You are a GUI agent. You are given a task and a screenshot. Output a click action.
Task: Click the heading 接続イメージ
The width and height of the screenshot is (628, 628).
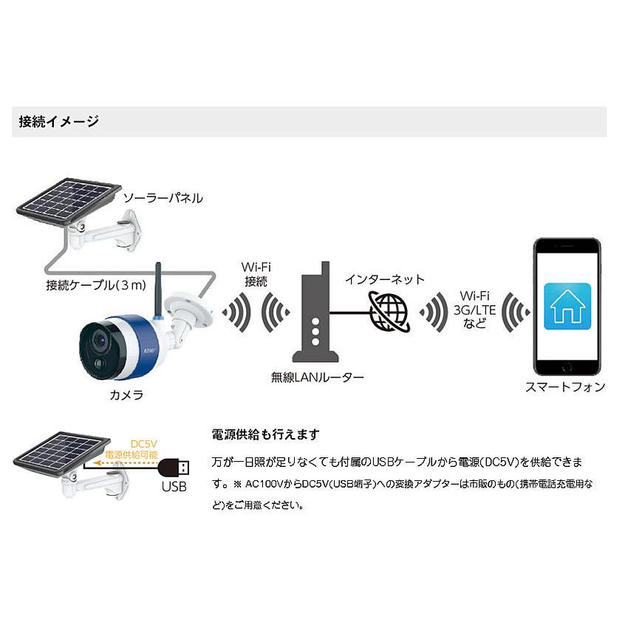58,121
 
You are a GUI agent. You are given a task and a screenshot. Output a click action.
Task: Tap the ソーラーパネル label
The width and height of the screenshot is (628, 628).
163,198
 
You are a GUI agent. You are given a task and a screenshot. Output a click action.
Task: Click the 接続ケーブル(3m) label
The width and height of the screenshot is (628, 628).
96,284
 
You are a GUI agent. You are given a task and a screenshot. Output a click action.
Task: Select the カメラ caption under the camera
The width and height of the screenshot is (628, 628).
126,395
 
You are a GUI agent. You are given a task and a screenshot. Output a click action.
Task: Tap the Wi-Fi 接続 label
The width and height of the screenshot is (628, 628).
256,274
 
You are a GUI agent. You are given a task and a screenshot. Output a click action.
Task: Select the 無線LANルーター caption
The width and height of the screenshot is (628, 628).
317,378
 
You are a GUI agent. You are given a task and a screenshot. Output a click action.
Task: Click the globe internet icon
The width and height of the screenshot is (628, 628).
389,312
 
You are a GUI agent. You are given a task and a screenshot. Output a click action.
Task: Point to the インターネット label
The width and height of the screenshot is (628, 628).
384,279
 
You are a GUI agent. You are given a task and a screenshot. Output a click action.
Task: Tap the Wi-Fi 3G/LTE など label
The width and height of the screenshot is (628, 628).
474,310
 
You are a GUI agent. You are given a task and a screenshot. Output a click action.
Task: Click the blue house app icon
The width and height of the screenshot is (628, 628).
567,307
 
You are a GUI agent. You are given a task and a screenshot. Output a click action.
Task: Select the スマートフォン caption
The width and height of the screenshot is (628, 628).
565,386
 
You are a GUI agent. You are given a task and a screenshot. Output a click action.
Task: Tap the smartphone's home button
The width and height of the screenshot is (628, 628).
567,367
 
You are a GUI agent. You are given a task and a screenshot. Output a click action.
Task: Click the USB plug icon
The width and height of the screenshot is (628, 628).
174,468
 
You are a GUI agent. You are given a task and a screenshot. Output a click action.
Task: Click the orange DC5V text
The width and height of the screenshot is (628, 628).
144,444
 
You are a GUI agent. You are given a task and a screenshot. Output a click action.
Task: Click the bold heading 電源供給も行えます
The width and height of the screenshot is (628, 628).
265,434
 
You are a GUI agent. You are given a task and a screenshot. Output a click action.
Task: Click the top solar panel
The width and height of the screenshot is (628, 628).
69,202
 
